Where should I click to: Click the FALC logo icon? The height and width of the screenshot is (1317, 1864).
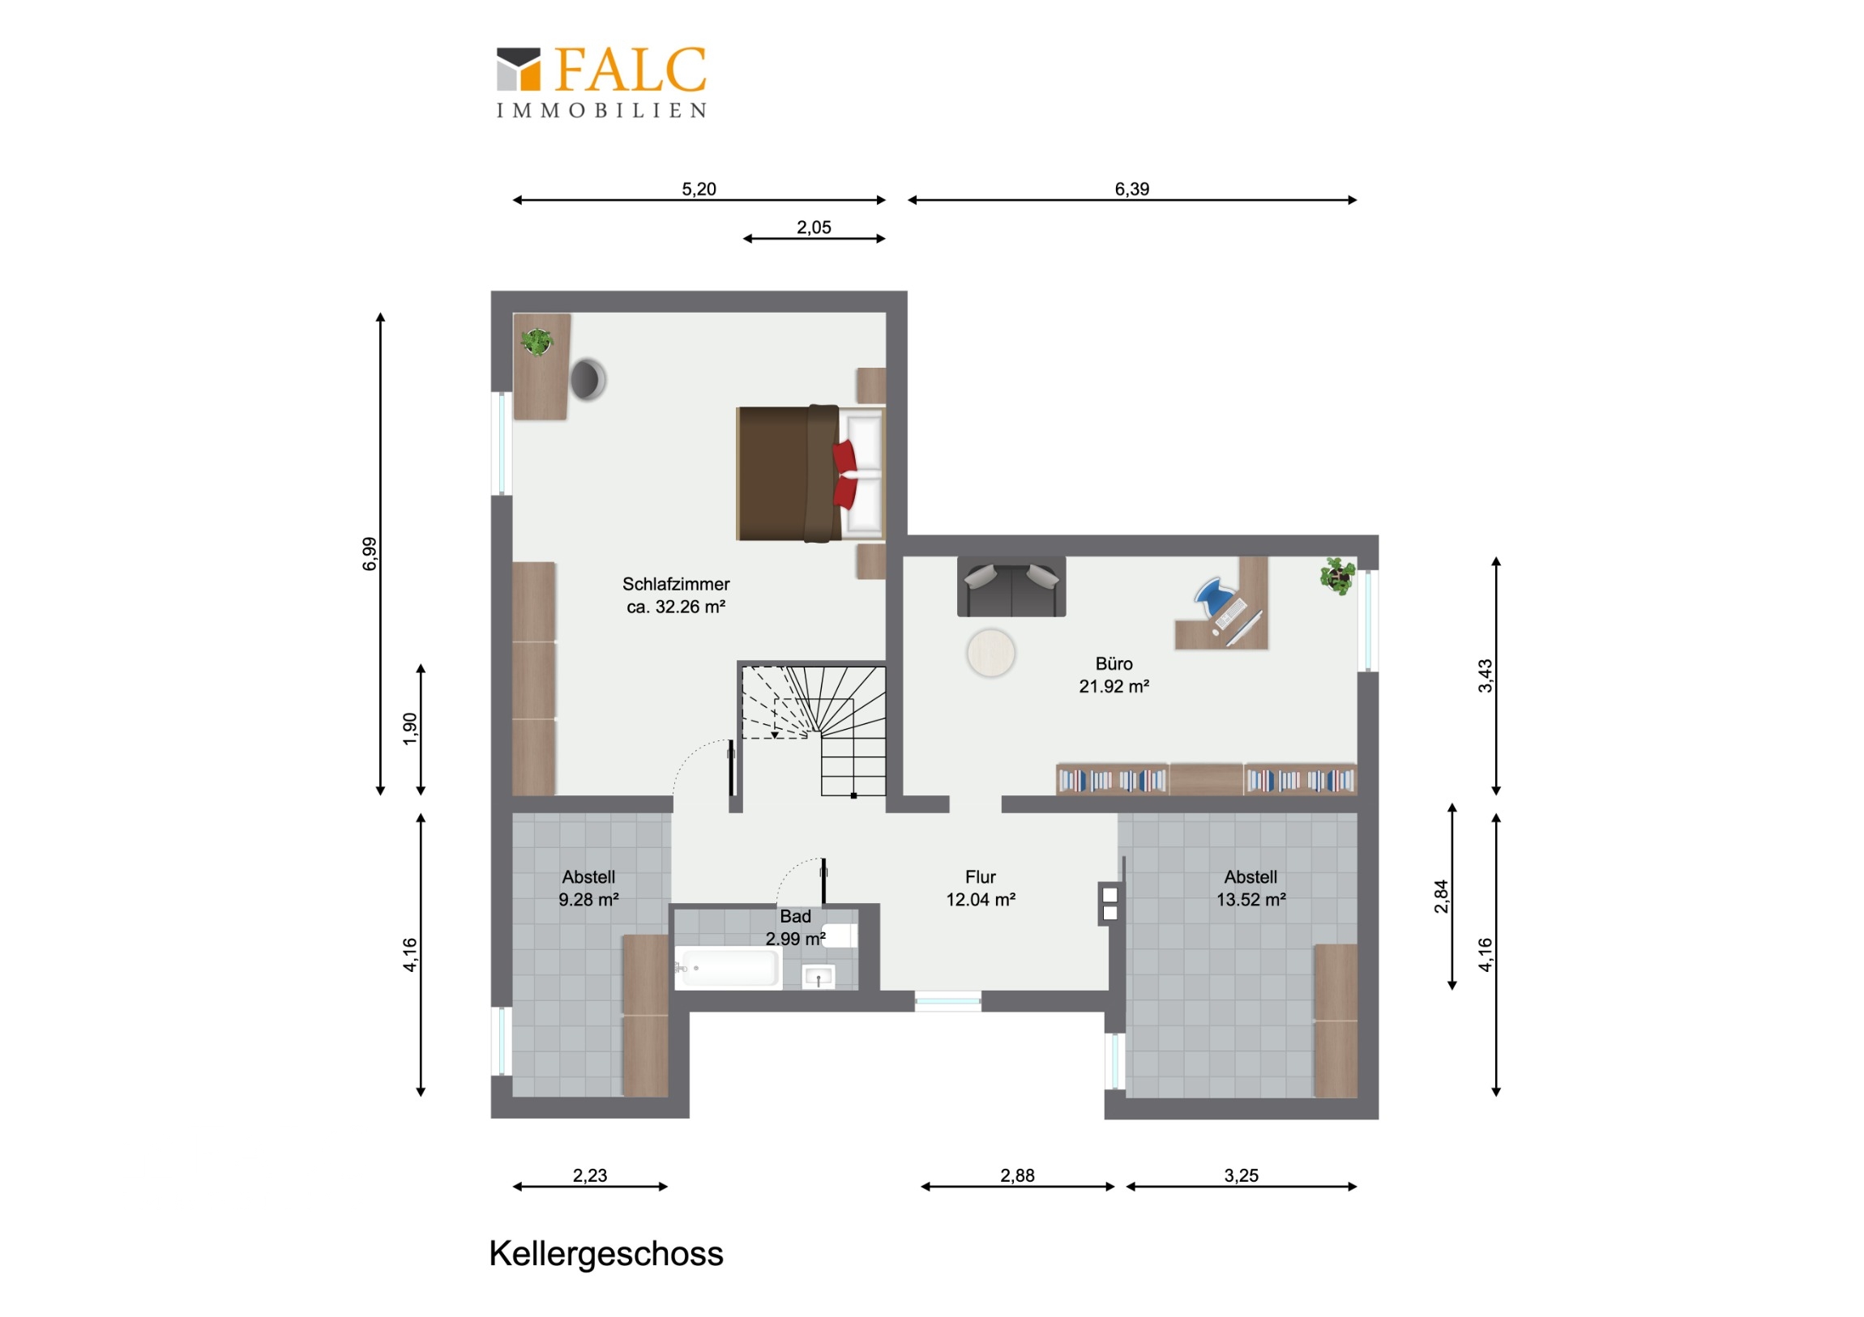(x=518, y=69)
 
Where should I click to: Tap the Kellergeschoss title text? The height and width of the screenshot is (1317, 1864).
(x=605, y=1254)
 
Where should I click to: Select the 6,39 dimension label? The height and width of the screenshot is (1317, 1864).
(x=1131, y=189)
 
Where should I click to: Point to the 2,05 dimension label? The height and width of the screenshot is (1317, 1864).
(x=814, y=228)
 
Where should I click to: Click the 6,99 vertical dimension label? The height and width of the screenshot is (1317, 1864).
(x=370, y=553)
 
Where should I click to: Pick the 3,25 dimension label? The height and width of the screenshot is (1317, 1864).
(x=1242, y=1175)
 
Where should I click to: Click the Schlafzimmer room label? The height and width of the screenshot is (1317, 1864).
(x=676, y=584)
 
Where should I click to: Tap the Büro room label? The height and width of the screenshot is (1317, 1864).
(x=1114, y=664)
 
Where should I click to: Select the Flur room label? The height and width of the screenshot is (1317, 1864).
(x=981, y=877)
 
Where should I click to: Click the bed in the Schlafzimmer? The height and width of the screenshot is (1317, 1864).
(x=810, y=473)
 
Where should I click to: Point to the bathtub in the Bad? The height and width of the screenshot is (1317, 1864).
(x=729, y=968)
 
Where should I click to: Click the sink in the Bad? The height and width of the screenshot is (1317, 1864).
(x=819, y=977)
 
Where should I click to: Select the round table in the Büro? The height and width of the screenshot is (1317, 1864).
(x=990, y=653)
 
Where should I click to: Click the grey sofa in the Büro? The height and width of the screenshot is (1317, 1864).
(x=1011, y=586)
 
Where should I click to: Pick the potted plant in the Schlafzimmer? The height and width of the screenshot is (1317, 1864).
(x=537, y=342)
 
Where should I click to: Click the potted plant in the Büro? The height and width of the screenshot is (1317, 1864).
(x=1337, y=576)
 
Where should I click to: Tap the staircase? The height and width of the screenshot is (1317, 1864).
(x=814, y=731)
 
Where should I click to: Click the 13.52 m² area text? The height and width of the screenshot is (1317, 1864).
(x=1251, y=899)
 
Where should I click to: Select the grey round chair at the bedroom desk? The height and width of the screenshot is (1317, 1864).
(x=588, y=379)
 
